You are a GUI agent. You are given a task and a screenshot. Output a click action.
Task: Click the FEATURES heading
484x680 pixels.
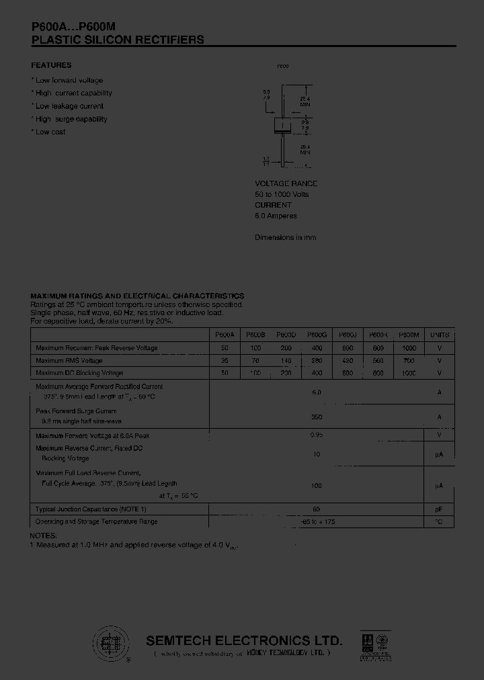coord(51,65)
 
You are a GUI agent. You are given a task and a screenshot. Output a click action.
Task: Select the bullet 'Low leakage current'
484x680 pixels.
coord(68,106)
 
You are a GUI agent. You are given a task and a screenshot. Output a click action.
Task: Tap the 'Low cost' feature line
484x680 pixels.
coord(49,132)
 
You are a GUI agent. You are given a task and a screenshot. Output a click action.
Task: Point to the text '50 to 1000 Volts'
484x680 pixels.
coord(282,194)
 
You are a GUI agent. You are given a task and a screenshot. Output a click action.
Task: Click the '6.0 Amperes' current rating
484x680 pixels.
coord(276,216)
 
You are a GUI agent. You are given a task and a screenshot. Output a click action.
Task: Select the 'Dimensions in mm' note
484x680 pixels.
coord(285,237)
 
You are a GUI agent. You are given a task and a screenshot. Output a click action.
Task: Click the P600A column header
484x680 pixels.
coord(225,335)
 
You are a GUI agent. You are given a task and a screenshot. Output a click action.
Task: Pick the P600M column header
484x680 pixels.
coord(409,335)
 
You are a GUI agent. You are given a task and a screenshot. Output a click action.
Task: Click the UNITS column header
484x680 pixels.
coord(440,335)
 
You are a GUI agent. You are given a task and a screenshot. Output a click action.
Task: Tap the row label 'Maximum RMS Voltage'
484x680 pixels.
coord(70,361)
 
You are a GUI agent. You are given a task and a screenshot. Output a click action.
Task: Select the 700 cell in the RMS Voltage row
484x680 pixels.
coord(408,361)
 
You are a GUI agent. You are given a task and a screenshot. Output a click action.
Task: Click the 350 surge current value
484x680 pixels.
coord(317,417)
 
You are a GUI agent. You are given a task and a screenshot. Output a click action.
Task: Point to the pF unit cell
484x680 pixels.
coord(439,510)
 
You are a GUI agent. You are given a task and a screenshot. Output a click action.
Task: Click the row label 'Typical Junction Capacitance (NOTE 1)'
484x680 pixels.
coord(91,510)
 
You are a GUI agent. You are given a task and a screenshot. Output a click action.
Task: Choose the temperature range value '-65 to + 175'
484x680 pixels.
coord(317,522)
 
